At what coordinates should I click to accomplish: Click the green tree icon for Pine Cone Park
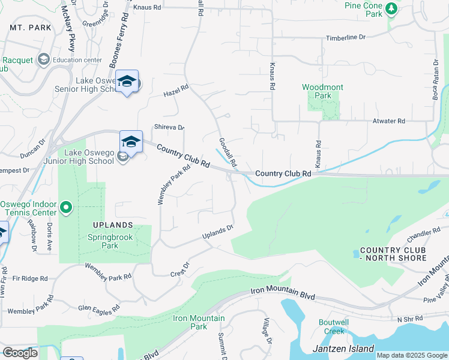pyautogui.click(x=392, y=8)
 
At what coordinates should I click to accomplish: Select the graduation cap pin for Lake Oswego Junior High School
pyautogui.click(x=131, y=142)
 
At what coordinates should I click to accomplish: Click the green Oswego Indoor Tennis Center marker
pyautogui.click(x=67, y=208)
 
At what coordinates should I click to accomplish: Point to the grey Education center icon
pyautogui.click(x=43, y=59)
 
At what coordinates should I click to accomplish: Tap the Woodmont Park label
pyautogui.click(x=322, y=91)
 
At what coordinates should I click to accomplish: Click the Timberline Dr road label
pyautogui.click(x=345, y=37)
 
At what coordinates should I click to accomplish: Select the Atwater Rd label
pyautogui.click(x=388, y=121)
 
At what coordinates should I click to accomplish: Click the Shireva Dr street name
pyautogui.click(x=169, y=127)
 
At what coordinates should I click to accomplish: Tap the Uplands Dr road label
pyautogui.click(x=217, y=233)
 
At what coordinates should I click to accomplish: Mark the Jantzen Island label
pyautogui.click(x=343, y=349)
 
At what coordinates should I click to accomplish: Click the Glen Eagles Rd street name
pyautogui.click(x=99, y=307)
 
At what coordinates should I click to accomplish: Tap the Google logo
pyautogui.click(x=20, y=353)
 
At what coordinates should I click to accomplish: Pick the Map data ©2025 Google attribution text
pyautogui.click(x=411, y=355)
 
